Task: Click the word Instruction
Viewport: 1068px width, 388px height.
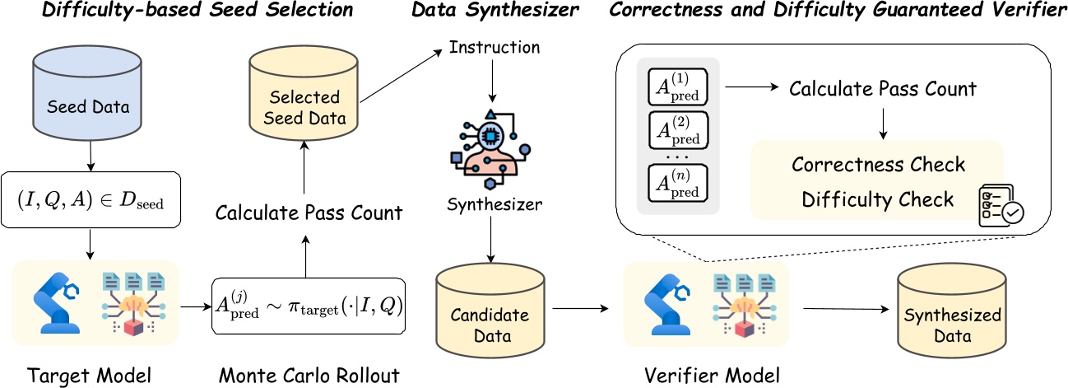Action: [x=494, y=48]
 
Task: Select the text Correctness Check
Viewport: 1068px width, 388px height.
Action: [x=878, y=165]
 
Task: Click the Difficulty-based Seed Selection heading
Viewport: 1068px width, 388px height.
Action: [x=197, y=11]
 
